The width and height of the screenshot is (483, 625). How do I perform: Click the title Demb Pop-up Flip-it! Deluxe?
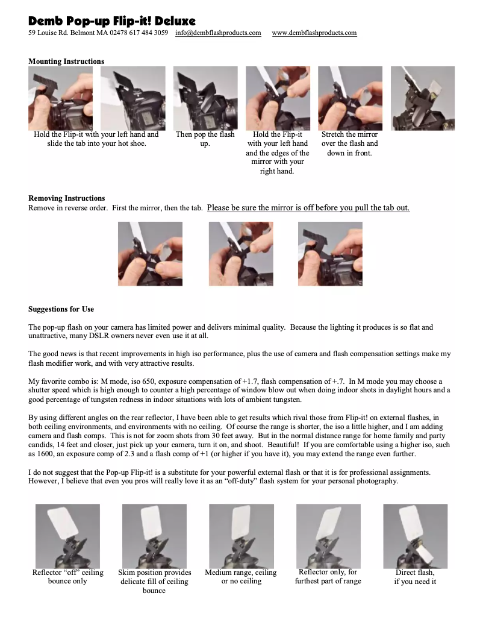pyautogui.click(x=112, y=22)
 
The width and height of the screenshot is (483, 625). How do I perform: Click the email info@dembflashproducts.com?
pyautogui.click(x=218, y=33)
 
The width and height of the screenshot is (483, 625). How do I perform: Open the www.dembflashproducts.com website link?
pyautogui.click(x=314, y=33)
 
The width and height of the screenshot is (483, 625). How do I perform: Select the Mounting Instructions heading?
pyautogui.click(x=66, y=61)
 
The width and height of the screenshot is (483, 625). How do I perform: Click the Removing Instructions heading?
pyautogui.click(x=66, y=198)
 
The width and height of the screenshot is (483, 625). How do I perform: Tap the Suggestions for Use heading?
pyautogui.click(x=61, y=309)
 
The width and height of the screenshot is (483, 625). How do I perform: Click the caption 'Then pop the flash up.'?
pyautogui.click(x=205, y=139)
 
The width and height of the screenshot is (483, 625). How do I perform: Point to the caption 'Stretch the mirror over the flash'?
pyautogui.click(x=350, y=143)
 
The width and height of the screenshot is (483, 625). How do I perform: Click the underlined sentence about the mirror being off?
pyautogui.click(x=308, y=208)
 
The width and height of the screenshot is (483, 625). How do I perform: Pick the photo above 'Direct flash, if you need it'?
pyautogui.click(x=415, y=536)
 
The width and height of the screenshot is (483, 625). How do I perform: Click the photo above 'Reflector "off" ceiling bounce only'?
pyautogui.click(x=67, y=536)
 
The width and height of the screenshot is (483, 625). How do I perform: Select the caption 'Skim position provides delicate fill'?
pyautogui.click(x=154, y=582)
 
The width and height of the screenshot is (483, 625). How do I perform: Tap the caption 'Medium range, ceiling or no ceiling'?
pyautogui.click(x=241, y=577)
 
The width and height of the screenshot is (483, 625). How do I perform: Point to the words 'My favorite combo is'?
pyautogui.click(x=61, y=382)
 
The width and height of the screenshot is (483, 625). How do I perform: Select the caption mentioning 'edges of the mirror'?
pyautogui.click(x=277, y=152)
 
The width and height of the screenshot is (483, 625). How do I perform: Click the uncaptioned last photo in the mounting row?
pyautogui.click(x=423, y=98)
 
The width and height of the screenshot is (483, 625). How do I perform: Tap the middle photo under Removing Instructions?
pyautogui.click(x=241, y=254)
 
